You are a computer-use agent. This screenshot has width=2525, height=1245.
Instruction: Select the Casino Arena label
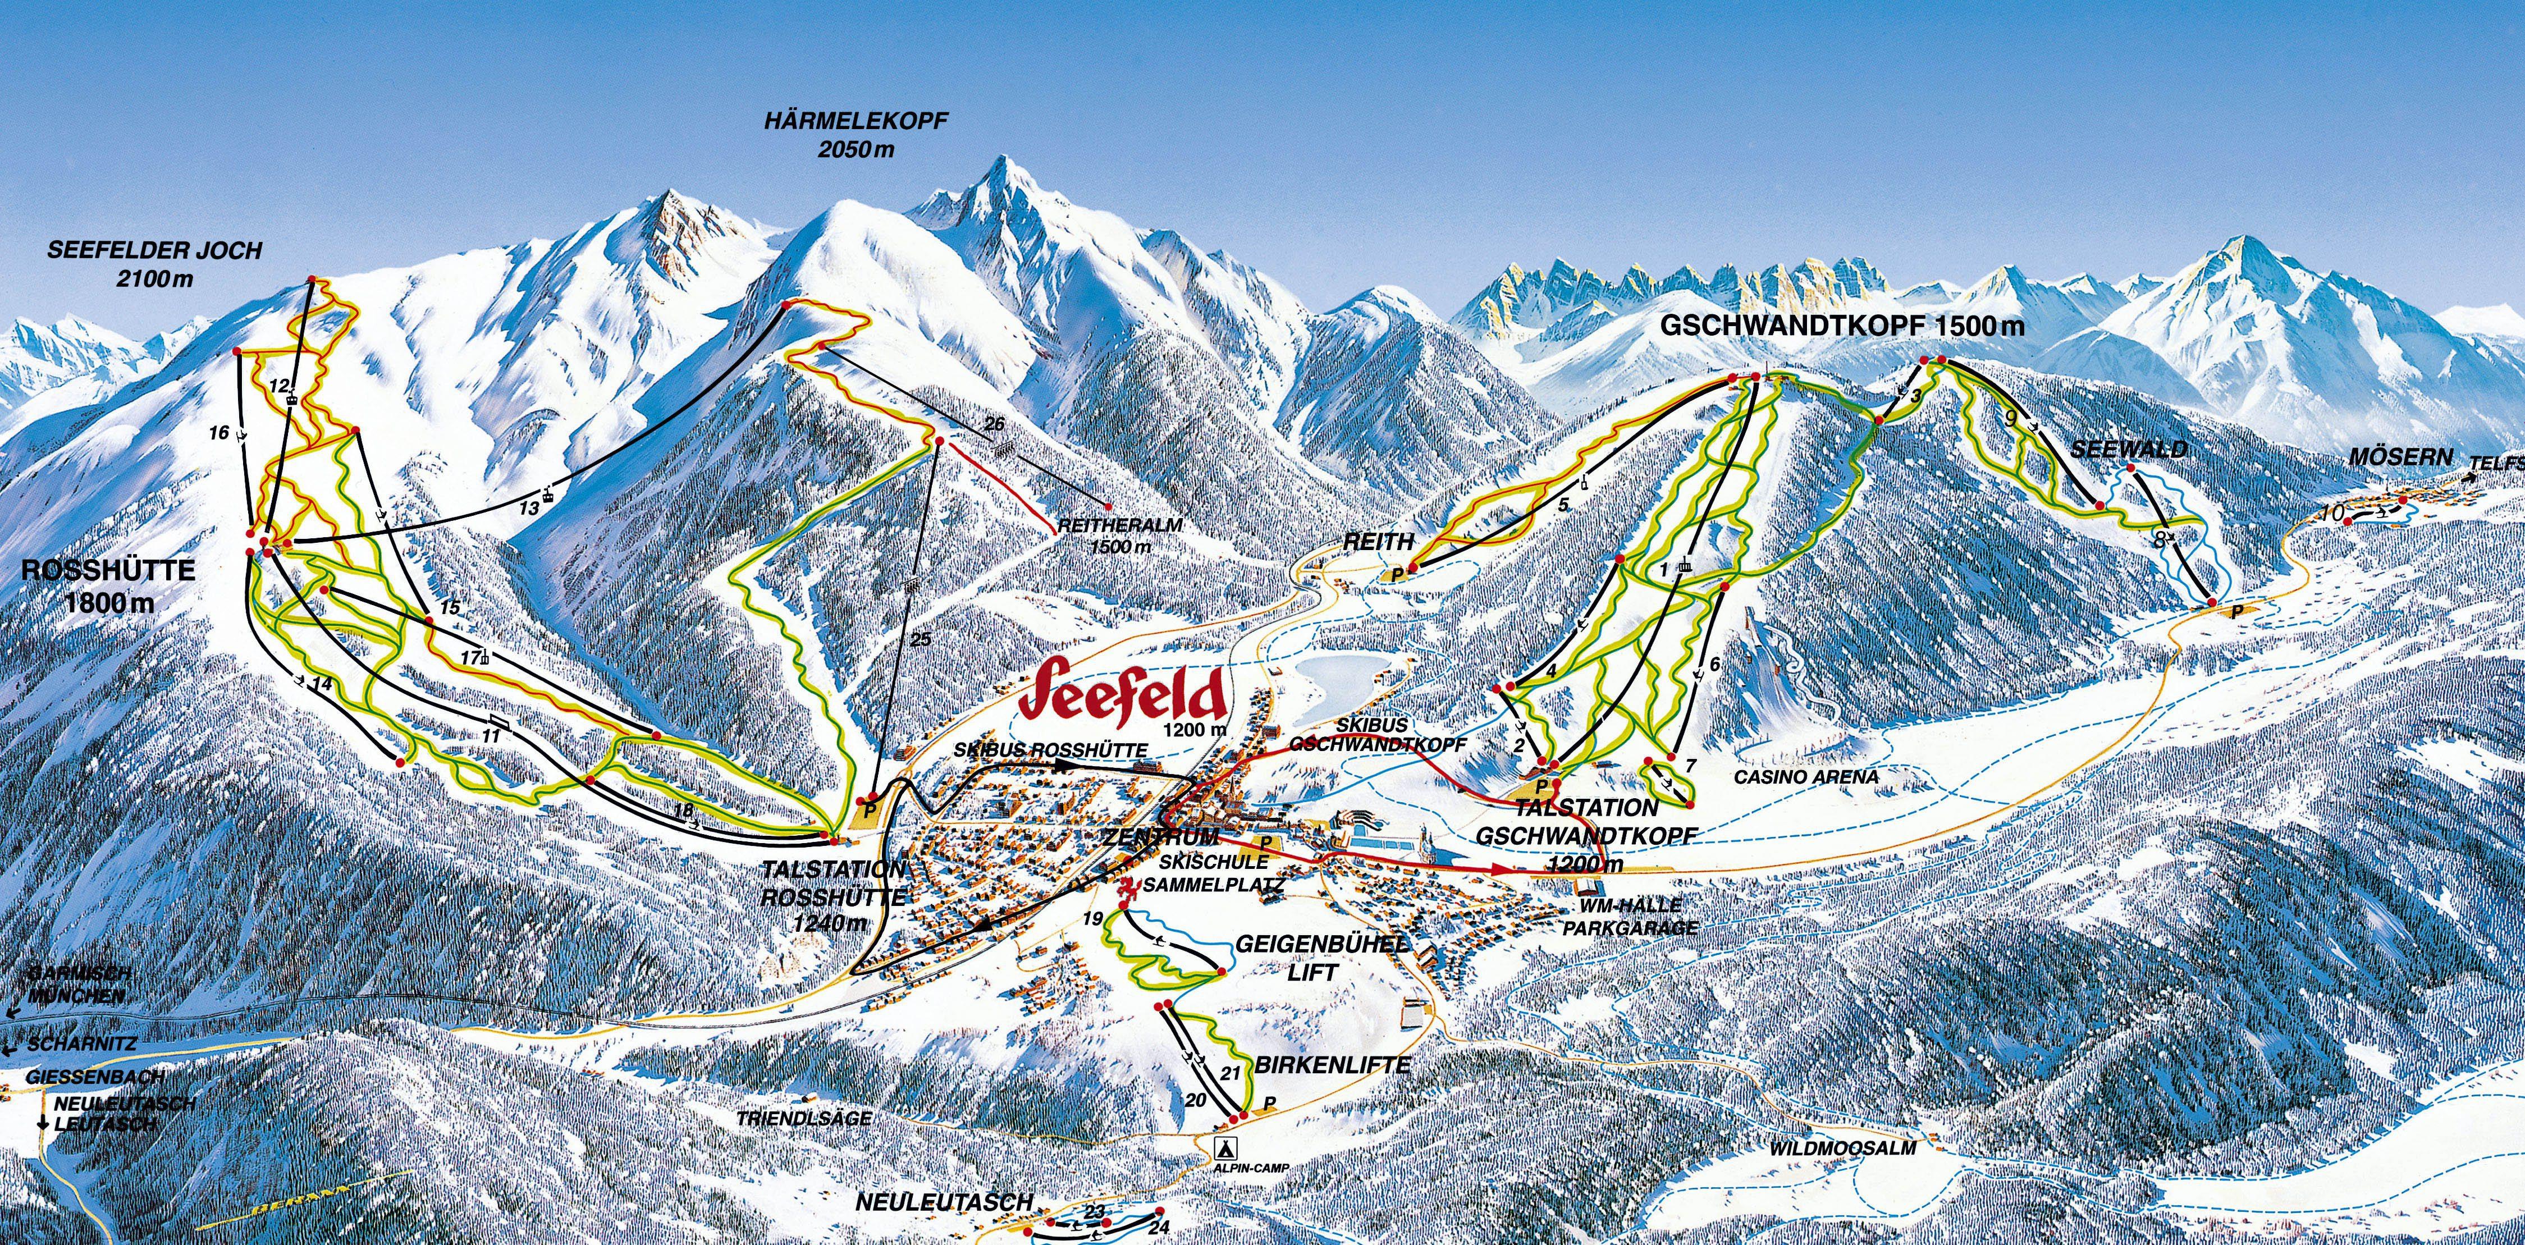click(1806, 776)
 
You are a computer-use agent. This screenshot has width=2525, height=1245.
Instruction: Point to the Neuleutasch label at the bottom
click(944, 1202)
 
